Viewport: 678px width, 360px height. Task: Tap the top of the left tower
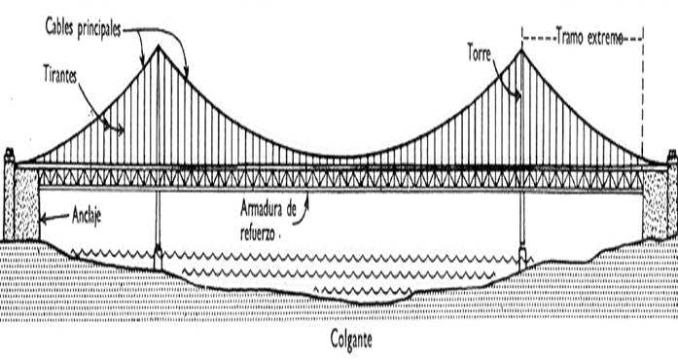(159, 46)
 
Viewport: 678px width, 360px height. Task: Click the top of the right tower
(522, 49)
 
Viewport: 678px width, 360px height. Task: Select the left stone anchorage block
(21, 199)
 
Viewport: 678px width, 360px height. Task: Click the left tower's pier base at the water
(159, 259)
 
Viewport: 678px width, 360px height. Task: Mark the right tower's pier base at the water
(523, 258)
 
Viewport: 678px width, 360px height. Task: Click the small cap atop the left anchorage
(10, 154)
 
